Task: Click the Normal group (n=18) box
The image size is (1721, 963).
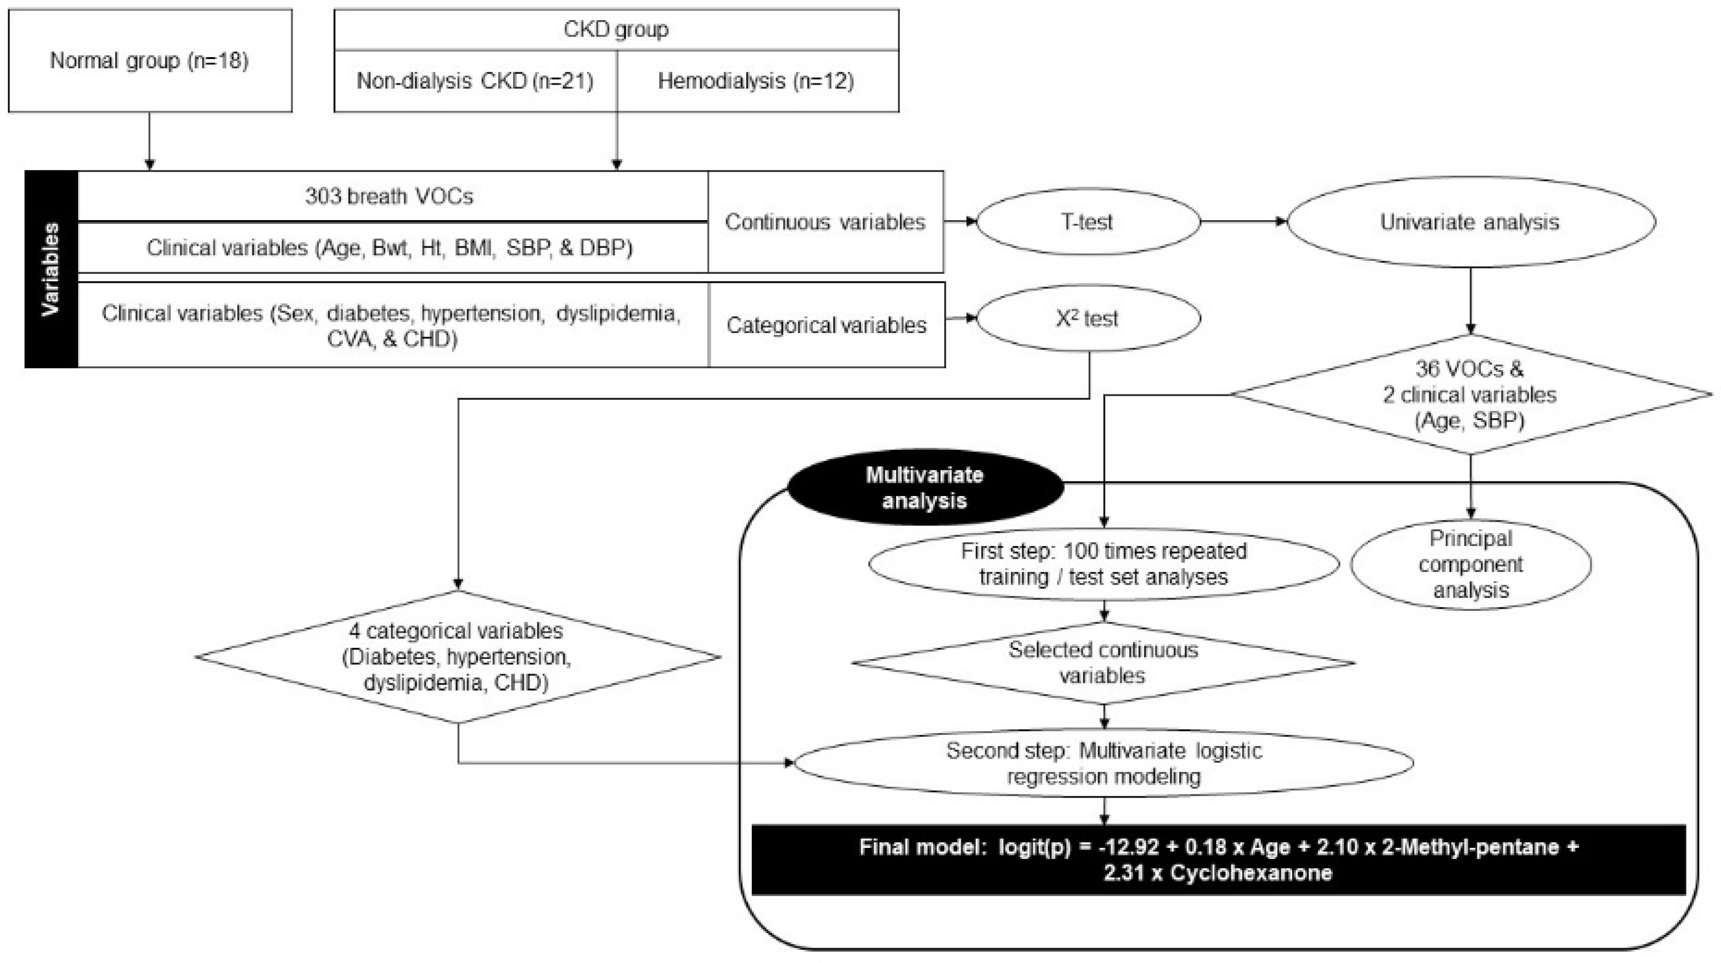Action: click(150, 61)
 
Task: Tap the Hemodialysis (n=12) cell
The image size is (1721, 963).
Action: click(756, 81)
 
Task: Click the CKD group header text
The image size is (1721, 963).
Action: click(616, 30)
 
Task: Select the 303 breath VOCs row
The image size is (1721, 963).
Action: click(390, 196)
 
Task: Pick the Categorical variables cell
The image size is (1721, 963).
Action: click(826, 325)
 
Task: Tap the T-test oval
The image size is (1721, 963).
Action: click(1088, 222)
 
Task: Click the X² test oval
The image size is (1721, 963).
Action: click(1088, 319)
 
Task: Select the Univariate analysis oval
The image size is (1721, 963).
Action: click(1470, 222)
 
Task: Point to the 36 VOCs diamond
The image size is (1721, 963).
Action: click(1470, 394)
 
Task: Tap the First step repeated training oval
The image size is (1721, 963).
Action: click(1103, 564)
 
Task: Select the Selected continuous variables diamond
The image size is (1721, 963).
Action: click(1103, 662)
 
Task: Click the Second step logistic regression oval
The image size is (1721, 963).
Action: click(1103, 763)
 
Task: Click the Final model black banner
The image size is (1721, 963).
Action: click(1219, 859)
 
